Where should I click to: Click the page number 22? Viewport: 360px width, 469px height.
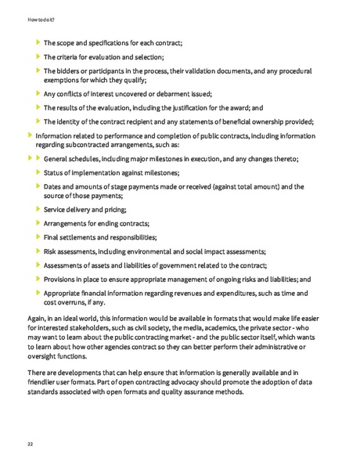30,444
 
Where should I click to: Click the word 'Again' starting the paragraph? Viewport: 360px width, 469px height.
37,319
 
